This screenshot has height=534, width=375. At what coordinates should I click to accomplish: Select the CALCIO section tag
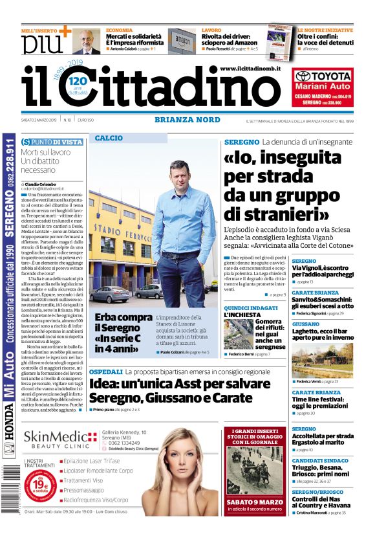pos(109,138)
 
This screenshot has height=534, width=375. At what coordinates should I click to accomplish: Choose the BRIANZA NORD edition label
pos(187,120)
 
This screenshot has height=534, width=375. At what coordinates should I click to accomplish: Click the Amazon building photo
pos(182,41)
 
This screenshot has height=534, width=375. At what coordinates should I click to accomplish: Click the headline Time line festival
pos(322,401)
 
